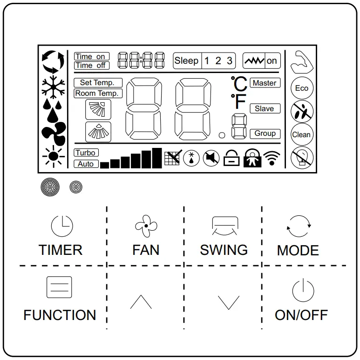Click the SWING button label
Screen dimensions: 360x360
point(224,250)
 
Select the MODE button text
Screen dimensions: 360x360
point(298,250)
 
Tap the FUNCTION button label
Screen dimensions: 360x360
point(60,315)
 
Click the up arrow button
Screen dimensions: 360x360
point(141,303)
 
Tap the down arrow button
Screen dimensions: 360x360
point(228,303)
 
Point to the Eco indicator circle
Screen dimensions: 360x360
point(301,88)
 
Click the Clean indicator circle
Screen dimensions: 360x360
point(301,135)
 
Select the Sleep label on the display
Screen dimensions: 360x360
point(186,61)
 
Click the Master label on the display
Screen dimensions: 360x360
point(265,83)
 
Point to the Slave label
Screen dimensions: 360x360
point(264,108)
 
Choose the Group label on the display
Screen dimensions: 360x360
point(265,133)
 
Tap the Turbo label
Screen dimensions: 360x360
point(86,153)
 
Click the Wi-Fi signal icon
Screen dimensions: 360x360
point(270,159)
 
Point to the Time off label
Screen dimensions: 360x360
point(90,66)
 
